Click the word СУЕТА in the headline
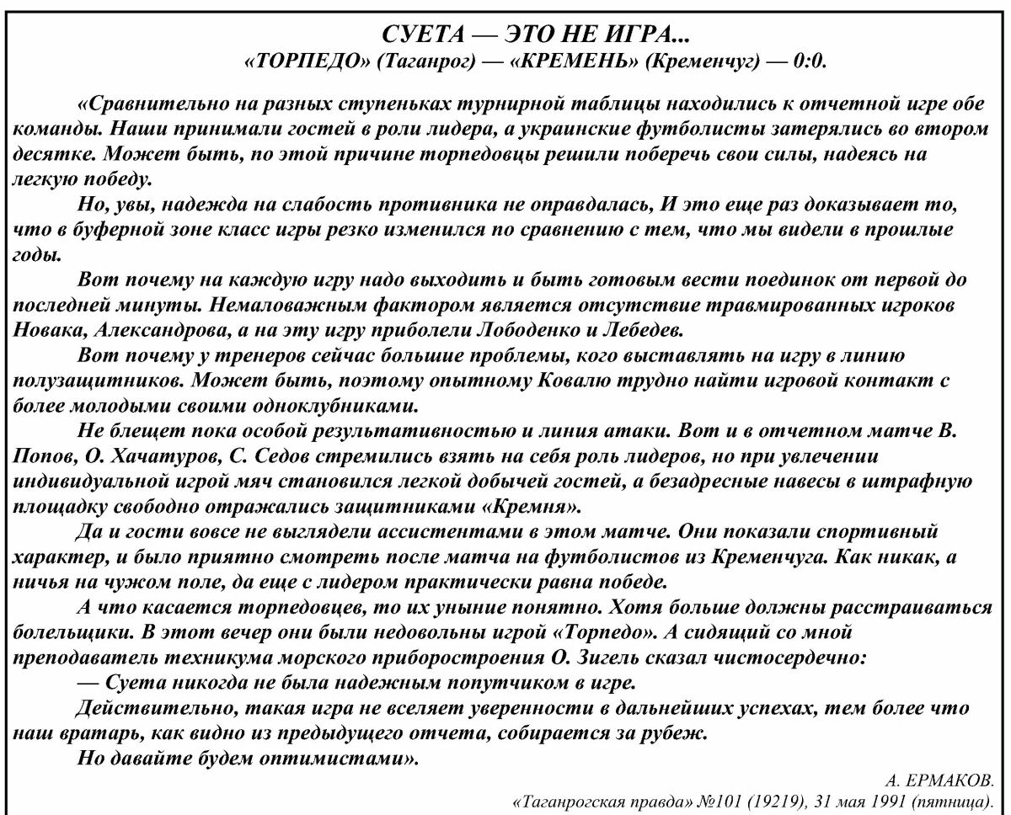click(415, 37)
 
